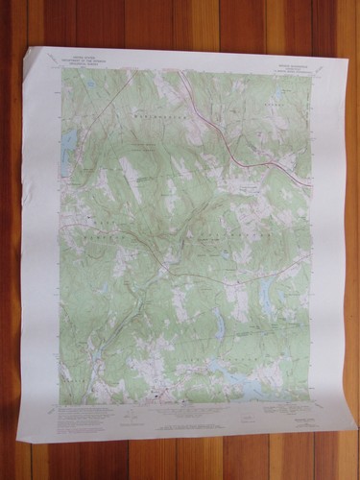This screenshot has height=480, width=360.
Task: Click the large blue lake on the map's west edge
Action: (68, 145)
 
